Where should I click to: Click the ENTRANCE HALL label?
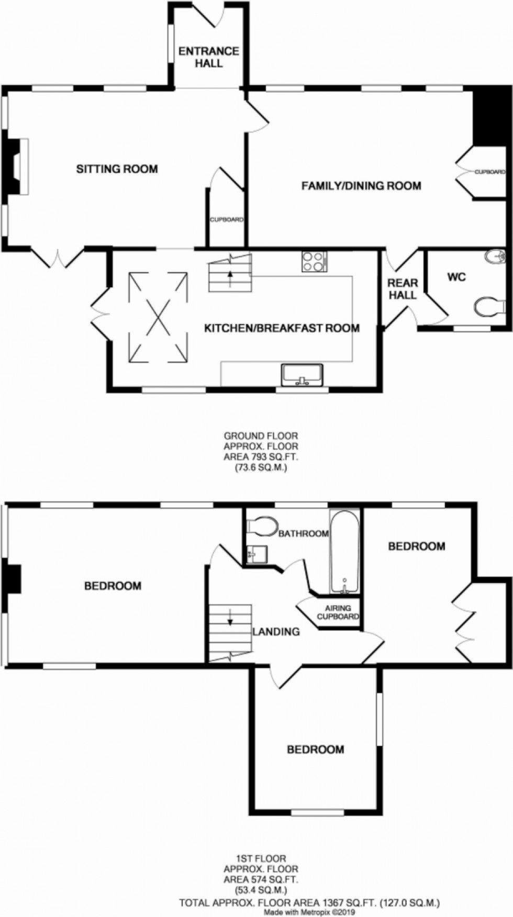click(x=209, y=57)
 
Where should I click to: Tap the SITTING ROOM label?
click(x=117, y=169)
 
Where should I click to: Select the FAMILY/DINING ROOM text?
click(x=361, y=185)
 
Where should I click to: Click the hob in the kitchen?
click(x=314, y=261)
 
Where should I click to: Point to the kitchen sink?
click(x=303, y=375)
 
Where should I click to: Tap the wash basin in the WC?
click(x=493, y=256)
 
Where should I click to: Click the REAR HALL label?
click(x=403, y=288)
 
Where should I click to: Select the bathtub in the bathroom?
click(x=344, y=552)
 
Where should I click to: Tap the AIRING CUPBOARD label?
click(x=338, y=612)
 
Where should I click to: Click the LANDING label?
click(x=276, y=632)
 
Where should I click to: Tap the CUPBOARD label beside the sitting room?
click(x=227, y=220)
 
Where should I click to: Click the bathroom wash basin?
click(x=257, y=553)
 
